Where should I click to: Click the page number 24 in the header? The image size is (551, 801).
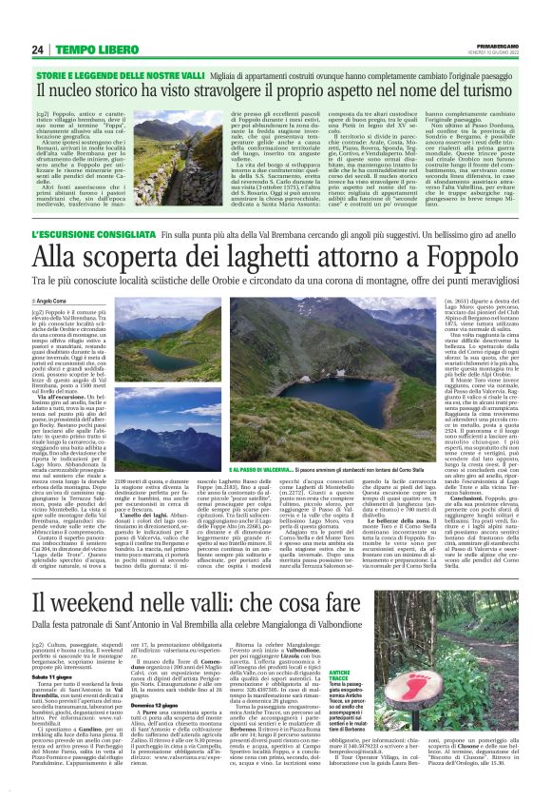(38, 49)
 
